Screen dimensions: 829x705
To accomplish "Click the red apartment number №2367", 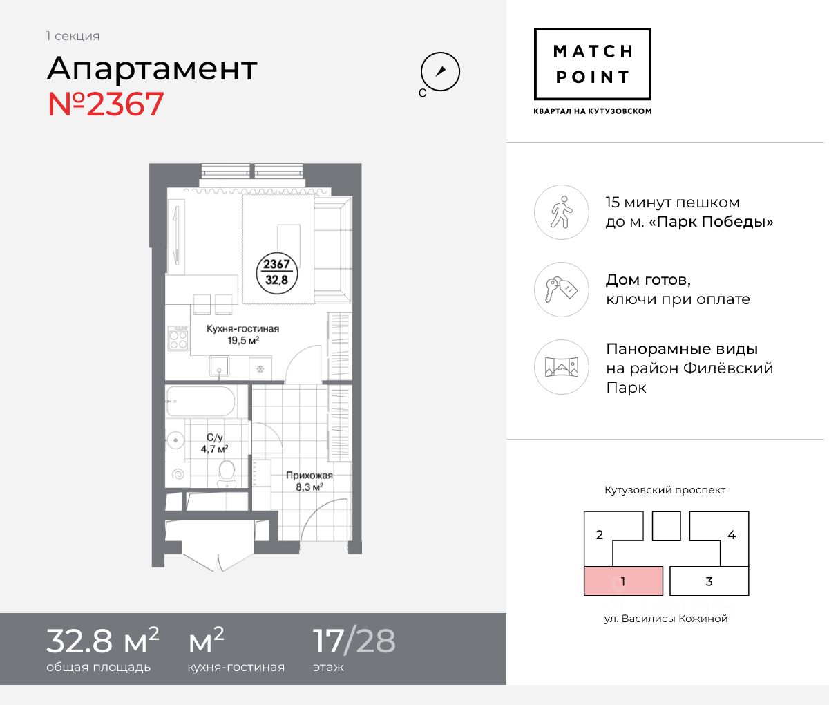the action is [x=106, y=104].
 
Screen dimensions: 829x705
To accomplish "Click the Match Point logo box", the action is [x=592, y=64].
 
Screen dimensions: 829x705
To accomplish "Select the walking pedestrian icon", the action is [x=562, y=212].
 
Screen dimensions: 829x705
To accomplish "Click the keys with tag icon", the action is [x=562, y=290].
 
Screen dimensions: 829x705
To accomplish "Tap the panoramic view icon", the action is [x=562, y=367].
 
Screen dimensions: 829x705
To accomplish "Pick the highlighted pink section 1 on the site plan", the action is [x=623, y=581].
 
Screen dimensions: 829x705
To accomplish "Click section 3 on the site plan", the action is [x=709, y=581].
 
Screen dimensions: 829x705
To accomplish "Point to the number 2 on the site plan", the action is [x=600, y=535].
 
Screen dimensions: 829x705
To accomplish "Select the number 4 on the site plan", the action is [x=732, y=535].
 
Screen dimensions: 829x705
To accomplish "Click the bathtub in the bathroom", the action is [x=200, y=402].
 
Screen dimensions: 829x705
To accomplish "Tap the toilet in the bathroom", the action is [x=227, y=473].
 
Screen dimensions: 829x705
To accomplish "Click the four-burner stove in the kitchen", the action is [x=178, y=338].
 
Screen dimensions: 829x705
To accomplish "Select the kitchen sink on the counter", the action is [x=219, y=366].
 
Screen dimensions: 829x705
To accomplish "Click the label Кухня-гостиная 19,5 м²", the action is [x=242, y=335].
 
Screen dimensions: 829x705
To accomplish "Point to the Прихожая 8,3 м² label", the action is [x=309, y=481].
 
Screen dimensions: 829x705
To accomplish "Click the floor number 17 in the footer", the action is [x=328, y=641].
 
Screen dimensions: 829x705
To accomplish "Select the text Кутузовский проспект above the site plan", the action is [x=665, y=490].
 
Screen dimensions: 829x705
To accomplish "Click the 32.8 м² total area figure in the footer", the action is [x=103, y=641].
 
